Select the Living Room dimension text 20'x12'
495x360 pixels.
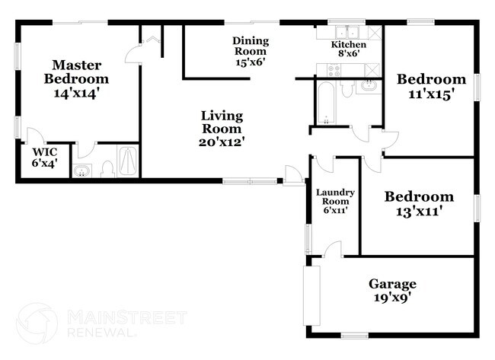(x=222, y=140)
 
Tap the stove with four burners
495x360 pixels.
(x=334, y=69)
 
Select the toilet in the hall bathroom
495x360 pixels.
(x=347, y=90)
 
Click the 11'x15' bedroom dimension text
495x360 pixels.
(x=431, y=94)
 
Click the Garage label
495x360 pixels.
(x=392, y=283)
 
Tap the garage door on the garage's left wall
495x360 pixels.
(x=308, y=294)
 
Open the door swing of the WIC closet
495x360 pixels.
(x=85, y=149)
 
